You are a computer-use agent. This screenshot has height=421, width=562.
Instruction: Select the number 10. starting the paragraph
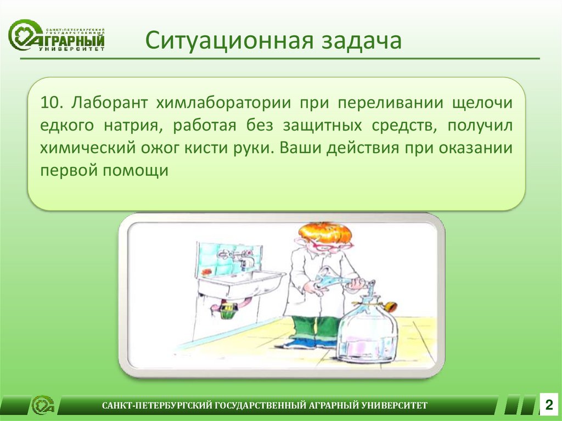(x=52, y=103)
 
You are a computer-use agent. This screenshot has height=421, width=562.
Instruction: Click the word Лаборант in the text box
(x=109, y=104)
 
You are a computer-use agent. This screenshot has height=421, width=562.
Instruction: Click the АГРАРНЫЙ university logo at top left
(x=57, y=35)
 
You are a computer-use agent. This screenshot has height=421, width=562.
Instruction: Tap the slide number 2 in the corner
(x=549, y=405)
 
